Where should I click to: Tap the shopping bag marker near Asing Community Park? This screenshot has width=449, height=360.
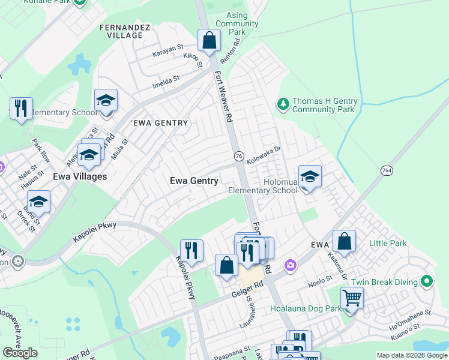pos(209,41)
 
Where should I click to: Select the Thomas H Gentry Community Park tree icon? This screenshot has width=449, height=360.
pos(283,105)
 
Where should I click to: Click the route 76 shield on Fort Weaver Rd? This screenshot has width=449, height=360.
pos(238,155)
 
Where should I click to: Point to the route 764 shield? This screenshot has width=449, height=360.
pos(387,171)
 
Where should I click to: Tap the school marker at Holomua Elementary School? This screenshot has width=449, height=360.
pos(310,177)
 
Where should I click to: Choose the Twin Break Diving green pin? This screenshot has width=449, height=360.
pos(427,281)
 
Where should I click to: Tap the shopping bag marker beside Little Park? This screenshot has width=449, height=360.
pos(344,242)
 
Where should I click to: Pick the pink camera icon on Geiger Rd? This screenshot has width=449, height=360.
pos(291,265)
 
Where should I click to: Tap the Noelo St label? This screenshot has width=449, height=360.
pos(320,279)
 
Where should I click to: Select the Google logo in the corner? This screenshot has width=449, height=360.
pos(20,353)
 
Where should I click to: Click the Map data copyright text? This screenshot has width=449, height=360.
pos(412,356)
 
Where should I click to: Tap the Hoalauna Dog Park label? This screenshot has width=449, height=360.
pos(306,308)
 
